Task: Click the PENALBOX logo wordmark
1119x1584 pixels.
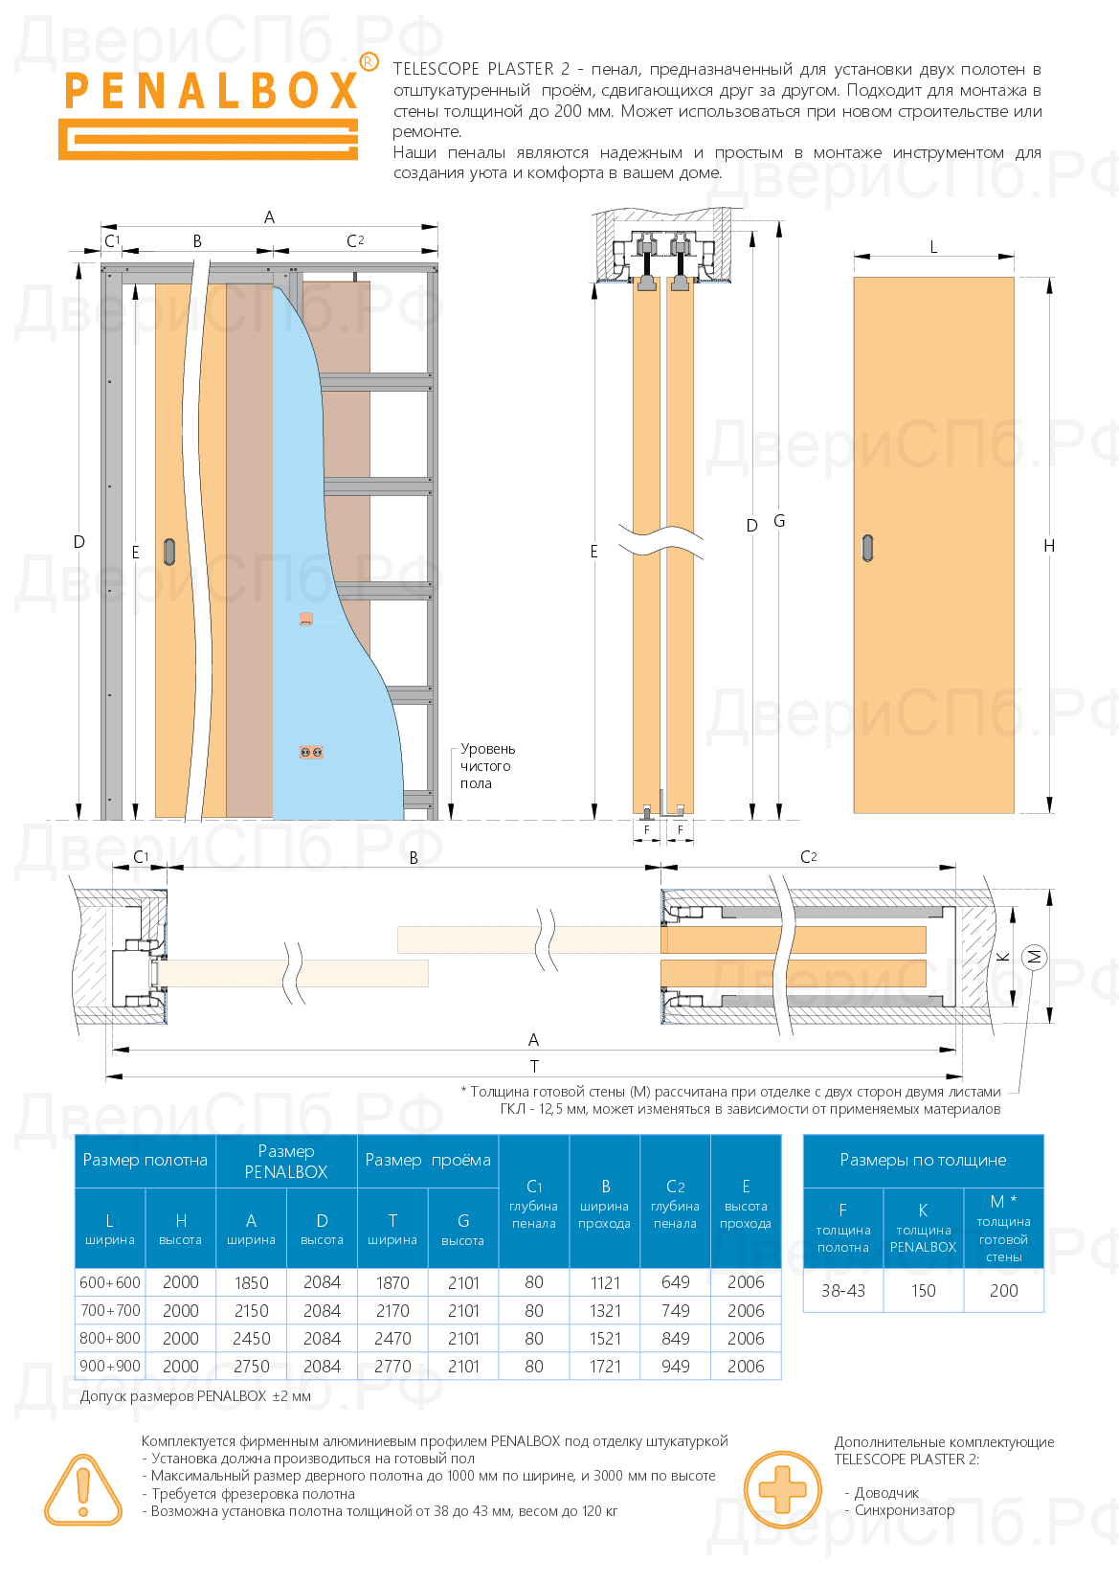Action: (211, 91)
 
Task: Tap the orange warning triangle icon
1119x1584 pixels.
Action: (82, 1489)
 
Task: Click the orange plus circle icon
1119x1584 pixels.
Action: (782, 1489)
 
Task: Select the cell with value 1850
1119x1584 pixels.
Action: (251, 1282)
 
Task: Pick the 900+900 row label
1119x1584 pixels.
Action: (110, 1366)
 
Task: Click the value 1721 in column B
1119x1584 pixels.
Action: (605, 1366)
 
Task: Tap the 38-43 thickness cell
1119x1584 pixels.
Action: (842, 1290)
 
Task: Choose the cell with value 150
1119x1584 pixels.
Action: (923, 1290)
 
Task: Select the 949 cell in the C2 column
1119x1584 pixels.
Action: (675, 1366)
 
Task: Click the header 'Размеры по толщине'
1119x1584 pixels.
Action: (923, 1160)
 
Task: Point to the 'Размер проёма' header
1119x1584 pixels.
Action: (428, 1160)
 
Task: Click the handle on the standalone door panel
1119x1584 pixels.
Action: (868, 547)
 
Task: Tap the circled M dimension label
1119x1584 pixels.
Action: (1034, 956)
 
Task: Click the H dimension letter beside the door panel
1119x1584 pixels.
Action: (1049, 545)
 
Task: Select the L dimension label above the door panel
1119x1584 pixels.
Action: (933, 246)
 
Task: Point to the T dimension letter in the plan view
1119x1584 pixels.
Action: (534, 1066)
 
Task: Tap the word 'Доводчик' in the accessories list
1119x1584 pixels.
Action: (886, 1493)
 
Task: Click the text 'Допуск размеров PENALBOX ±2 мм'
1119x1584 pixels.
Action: (195, 1396)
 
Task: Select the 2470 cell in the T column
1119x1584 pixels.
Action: (392, 1338)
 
